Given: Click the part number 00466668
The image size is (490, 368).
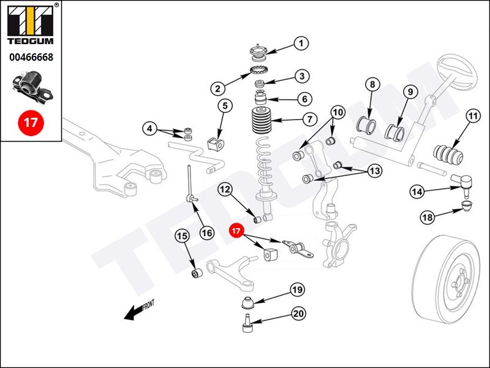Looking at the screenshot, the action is pos(31,57).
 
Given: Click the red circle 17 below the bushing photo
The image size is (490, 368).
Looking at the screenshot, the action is pos(31,122).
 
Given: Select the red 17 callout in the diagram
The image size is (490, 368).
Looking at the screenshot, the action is pos(236,231).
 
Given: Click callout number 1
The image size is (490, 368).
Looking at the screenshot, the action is pos(301,43).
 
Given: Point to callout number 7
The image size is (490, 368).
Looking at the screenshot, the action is pos(309,119).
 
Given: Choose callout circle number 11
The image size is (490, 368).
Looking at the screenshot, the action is pos(473,117).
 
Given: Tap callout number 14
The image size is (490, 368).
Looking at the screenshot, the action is pos(417,191).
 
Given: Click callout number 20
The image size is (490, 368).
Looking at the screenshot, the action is pos(299,313).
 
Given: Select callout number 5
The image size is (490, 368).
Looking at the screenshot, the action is pos(225,105).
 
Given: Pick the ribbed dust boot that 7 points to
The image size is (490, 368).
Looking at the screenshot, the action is pos(262,120).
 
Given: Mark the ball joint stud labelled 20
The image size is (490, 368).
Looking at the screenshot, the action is pos(247,324).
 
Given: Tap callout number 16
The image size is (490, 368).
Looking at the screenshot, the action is pos(207,233).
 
